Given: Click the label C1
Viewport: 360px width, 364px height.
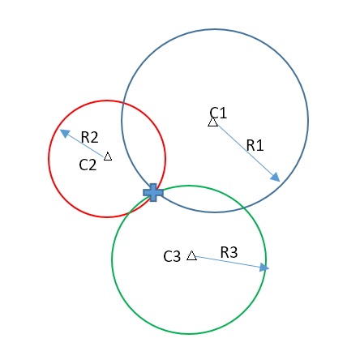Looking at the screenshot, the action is (218, 113).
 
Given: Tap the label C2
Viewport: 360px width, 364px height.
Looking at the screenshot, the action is (88, 165).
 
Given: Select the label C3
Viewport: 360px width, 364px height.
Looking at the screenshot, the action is (172, 256).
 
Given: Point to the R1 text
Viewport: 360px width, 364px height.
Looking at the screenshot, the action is (255, 145).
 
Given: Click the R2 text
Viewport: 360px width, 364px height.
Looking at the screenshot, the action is (89, 137).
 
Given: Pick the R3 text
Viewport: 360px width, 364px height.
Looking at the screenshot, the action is (229, 252).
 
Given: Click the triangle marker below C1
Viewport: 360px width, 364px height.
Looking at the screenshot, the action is (213, 122).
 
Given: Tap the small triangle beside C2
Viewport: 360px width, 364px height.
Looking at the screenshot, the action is (108, 156).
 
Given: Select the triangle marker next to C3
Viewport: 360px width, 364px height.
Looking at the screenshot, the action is (191, 255).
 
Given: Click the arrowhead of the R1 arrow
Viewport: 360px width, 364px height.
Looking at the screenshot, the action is (276, 178).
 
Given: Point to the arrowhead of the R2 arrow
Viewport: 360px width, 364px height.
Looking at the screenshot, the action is (65, 133).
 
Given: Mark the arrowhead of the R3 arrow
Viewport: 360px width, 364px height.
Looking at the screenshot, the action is (264, 268).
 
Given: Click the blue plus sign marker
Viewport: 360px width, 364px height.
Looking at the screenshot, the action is (153, 192).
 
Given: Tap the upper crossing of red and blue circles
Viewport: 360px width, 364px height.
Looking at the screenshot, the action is (123, 103).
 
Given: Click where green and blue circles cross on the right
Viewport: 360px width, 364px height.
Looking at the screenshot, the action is (244, 207).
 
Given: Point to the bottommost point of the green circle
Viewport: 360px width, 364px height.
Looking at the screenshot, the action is (189, 334).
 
